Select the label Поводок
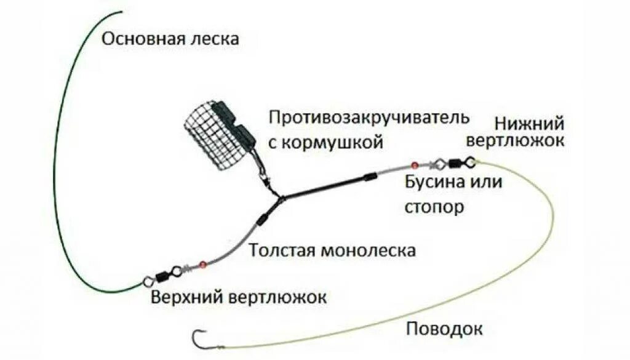click(x=444, y=328)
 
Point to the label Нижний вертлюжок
click(x=514, y=131)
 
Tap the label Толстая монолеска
click(x=332, y=250)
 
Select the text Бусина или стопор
click(x=453, y=194)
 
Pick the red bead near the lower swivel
click(x=415, y=165)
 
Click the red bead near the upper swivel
click(x=202, y=265)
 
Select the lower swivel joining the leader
click(x=456, y=162)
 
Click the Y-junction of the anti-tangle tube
click(x=281, y=198)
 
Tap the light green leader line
click(x=541, y=246)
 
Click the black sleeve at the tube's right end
click(x=370, y=177)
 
